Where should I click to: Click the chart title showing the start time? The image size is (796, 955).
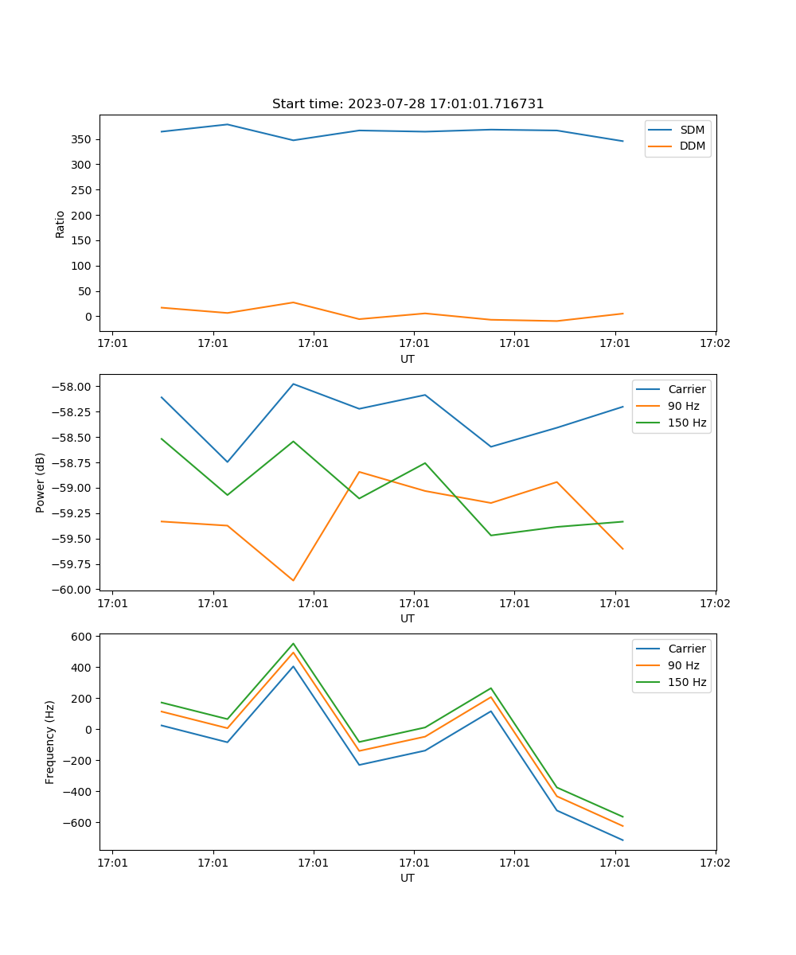tap(408, 104)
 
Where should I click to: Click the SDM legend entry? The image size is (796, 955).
tap(692, 130)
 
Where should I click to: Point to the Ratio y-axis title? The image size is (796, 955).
tap(60, 224)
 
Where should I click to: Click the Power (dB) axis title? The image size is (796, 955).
tap(41, 482)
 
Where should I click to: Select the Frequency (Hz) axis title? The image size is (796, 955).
tap(50, 742)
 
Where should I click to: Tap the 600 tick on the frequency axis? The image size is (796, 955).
tap(82, 636)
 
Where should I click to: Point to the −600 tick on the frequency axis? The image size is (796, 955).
tap(79, 823)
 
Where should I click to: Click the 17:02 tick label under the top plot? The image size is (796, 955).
tap(715, 344)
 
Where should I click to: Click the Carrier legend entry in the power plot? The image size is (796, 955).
tap(687, 389)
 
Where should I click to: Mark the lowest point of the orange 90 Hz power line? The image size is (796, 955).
tap(293, 581)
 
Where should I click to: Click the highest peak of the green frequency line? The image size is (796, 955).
tap(293, 643)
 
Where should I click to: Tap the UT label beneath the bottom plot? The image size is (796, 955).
tap(408, 878)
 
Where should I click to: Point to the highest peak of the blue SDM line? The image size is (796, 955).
tap(227, 124)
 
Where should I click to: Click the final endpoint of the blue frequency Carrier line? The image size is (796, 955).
tap(622, 840)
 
